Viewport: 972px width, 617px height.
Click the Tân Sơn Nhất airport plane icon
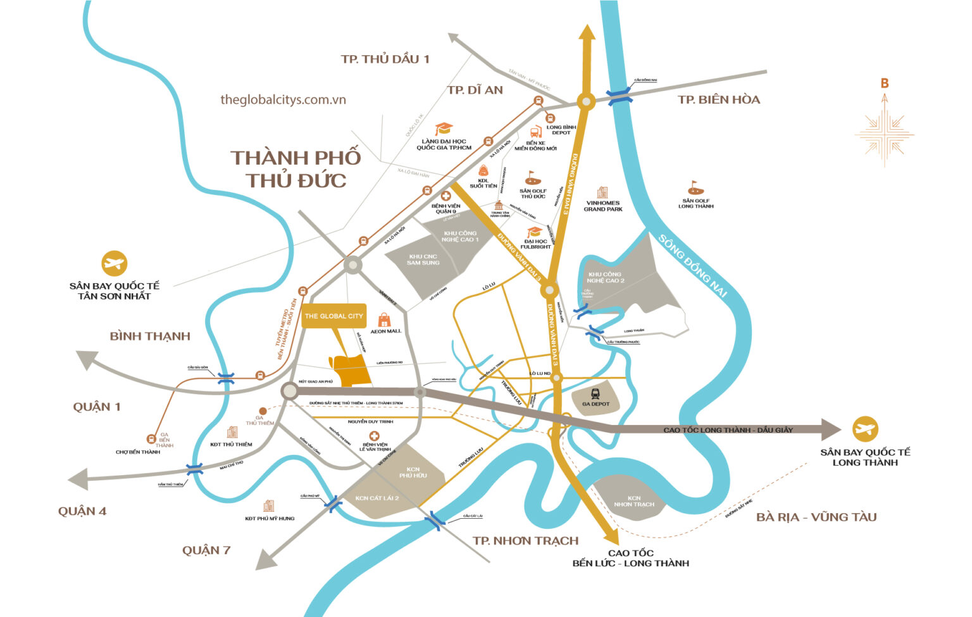tap(115, 264)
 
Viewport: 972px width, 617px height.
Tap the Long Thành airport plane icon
tap(864, 429)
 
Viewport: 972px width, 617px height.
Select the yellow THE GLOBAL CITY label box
tap(333, 315)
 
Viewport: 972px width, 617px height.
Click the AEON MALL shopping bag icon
tap(384, 320)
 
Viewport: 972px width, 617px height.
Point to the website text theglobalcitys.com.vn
tap(283, 99)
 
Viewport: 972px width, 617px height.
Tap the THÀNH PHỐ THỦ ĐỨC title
tap(296, 169)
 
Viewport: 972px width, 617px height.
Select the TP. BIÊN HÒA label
tap(719, 99)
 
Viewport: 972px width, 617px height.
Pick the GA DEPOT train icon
tap(595, 394)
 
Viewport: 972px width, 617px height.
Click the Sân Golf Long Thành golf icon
tap(695, 188)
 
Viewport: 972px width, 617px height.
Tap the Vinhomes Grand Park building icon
tap(602, 193)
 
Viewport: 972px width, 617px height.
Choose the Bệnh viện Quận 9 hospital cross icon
tap(446, 196)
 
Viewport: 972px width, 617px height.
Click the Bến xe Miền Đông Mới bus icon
tap(535, 132)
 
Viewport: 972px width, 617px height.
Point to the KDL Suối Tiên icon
tap(483, 170)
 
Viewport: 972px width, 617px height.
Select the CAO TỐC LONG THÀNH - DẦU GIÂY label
tap(728, 430)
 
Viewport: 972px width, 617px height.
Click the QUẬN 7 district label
tap(206, 550)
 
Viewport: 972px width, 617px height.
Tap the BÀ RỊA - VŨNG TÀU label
tap(816, 517)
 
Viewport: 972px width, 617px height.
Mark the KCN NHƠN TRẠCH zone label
tap(634, 501)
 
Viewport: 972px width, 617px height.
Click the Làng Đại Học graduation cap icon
tap(444, 129)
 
